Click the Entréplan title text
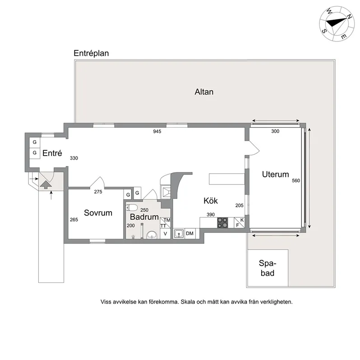pyautogui.click(x=91, y=53)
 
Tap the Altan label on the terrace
pyautogui.click(x=204, y=92)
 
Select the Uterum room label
pyautogui.click(x=275, y=174)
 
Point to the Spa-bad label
pyautogui.click(x=267, y=268)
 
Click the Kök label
pyautogui.click(x=211, y=201)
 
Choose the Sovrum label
pyautogui.click(x=98, y=213)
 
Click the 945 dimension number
pyautogui.click(x=157, y=132)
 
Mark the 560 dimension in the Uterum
pyautogui.click(x=296, y=180)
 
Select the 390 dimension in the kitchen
pyautogui.click(x=211, y=215)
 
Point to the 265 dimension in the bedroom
pyautogui.click(x=74, y=220)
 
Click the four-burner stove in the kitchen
pyautogui.click(x=223, y=222)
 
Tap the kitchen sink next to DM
pyautogui.click(x=179, y=234)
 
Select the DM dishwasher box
pyautogui.click(x=190, y=234)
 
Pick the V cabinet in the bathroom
pyautogui.click(x=165, y=234)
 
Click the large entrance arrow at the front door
pyautogui.click(x=45, y=183)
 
